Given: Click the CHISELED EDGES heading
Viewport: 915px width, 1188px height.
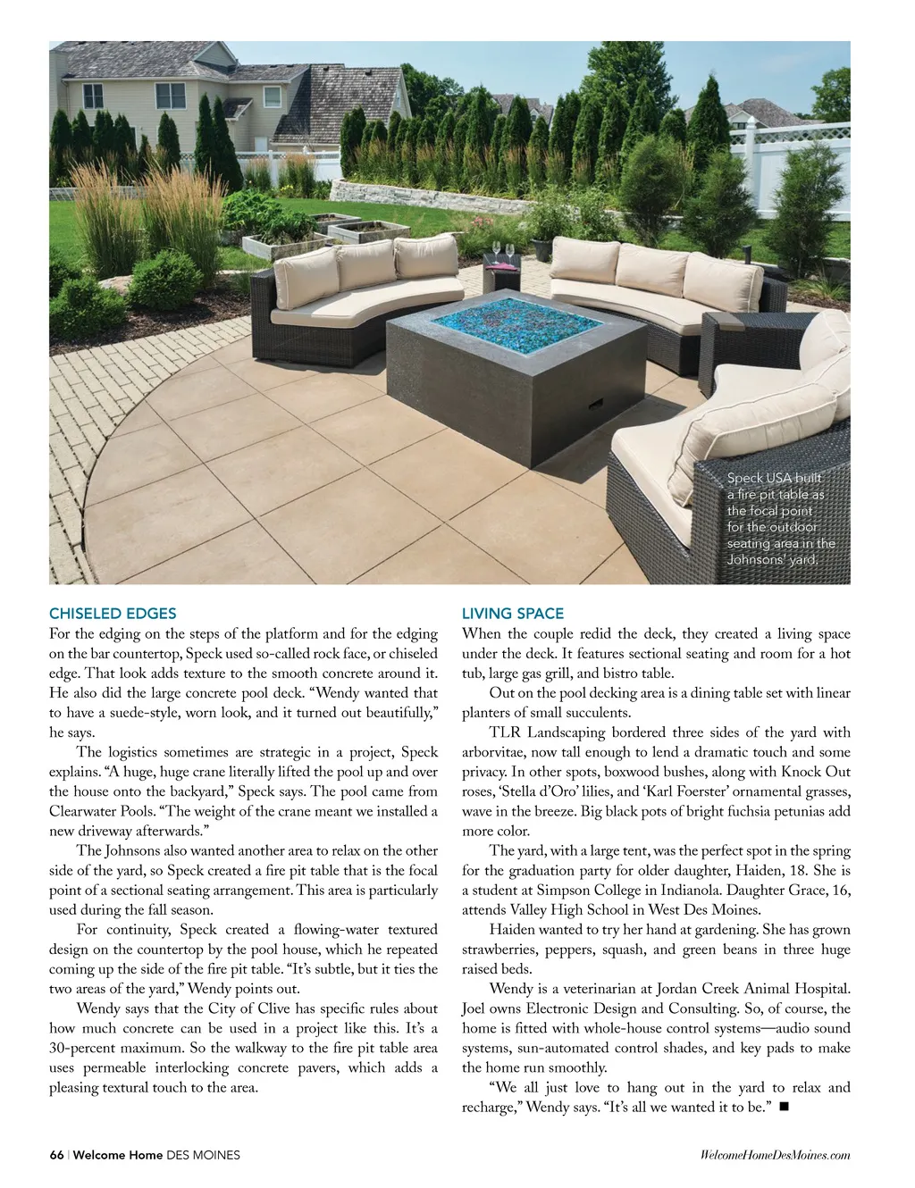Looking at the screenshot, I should tap(113, 614).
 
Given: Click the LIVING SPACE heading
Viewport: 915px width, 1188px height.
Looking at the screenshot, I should tap(512, 614).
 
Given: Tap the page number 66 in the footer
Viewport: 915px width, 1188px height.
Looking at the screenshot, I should tap(56, 1155).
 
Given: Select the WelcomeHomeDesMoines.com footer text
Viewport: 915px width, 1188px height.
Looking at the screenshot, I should tap(776, 1155).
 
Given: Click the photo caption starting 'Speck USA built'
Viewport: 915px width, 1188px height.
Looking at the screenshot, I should tap(780, 518).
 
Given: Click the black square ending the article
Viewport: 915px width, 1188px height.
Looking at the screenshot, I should tap(784, 1108).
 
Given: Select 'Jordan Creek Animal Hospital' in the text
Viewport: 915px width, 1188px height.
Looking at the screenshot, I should tap(753, 989).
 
